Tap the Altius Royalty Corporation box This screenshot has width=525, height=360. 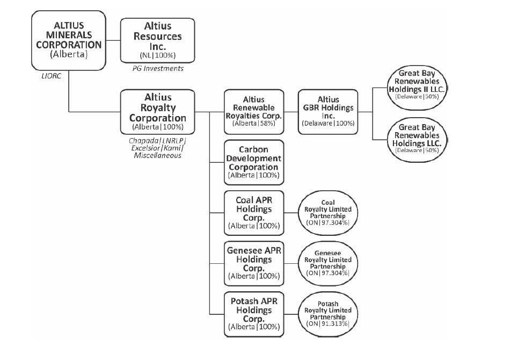point(158,112)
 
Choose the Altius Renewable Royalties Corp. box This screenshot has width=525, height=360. point(254,111)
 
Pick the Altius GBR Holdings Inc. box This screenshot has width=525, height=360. point(328,111)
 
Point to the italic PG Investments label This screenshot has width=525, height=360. point(158,69)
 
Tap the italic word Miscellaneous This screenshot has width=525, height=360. point(158,155)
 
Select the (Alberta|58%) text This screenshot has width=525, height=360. point(254,123)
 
